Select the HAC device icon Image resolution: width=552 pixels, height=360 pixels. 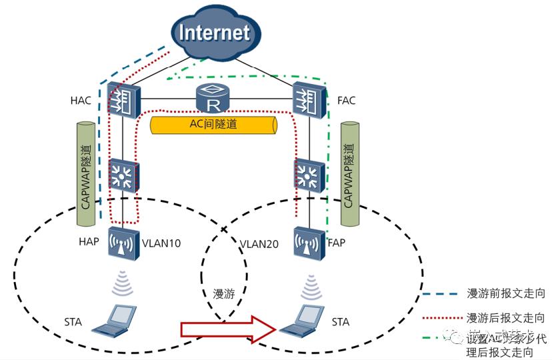coord(122,100)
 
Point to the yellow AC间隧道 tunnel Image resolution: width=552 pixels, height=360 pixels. coord(213,125)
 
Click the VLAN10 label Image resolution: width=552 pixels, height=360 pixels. coord(161,243)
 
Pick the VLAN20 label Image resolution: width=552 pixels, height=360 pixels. coord(261,243)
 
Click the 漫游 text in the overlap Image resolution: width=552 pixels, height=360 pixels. coord(224,293)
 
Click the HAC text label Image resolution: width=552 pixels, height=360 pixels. coord(81,101)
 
